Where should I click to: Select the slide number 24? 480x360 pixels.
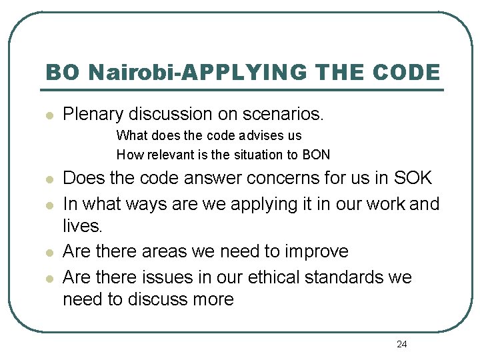click(x=401, y=344)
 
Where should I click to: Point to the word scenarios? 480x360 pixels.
click(x=283, y=114)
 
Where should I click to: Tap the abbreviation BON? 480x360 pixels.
click(x=317, y=155)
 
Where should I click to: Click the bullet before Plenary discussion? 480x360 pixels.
click(x=49, y=115)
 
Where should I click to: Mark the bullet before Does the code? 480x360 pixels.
click(x=49, y=179)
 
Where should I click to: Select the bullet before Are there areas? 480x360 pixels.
click(x=49, y=252)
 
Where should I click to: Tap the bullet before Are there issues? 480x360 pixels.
click(x=49, y=277)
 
